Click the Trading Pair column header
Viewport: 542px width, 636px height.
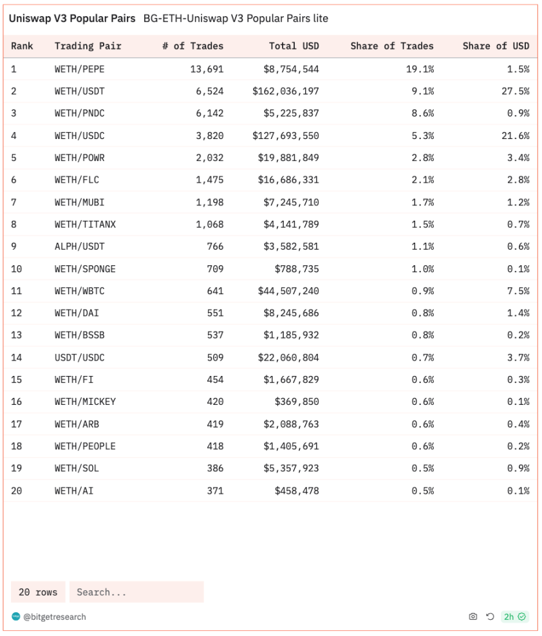tap(88, 46)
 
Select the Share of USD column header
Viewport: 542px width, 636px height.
tap(496, 46)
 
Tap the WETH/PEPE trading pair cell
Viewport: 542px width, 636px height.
tap(79, 69)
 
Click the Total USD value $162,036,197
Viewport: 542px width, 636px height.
tap(285, 91)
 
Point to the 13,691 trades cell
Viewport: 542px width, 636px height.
tap(207, 69)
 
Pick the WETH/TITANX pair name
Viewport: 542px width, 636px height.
tap(85, 225)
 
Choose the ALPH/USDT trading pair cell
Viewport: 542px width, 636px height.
tap(79, 247)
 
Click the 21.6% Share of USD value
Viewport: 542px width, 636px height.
tap(515, 136)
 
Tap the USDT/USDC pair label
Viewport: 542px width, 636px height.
tap(79, 357)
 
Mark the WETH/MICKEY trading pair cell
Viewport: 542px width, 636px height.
tap(85, 402)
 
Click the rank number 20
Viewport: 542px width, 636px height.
tap(17, 491)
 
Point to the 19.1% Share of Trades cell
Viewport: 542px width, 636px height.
tap(420, 69)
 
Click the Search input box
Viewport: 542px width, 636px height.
tap(136, 592)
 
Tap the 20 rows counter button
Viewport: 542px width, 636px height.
tap(38, 592)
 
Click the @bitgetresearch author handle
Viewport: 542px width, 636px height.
tap(54, 617)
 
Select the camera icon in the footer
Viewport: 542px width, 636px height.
tap(473, 617)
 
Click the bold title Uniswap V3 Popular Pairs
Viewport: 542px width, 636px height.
tap(72, 19)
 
